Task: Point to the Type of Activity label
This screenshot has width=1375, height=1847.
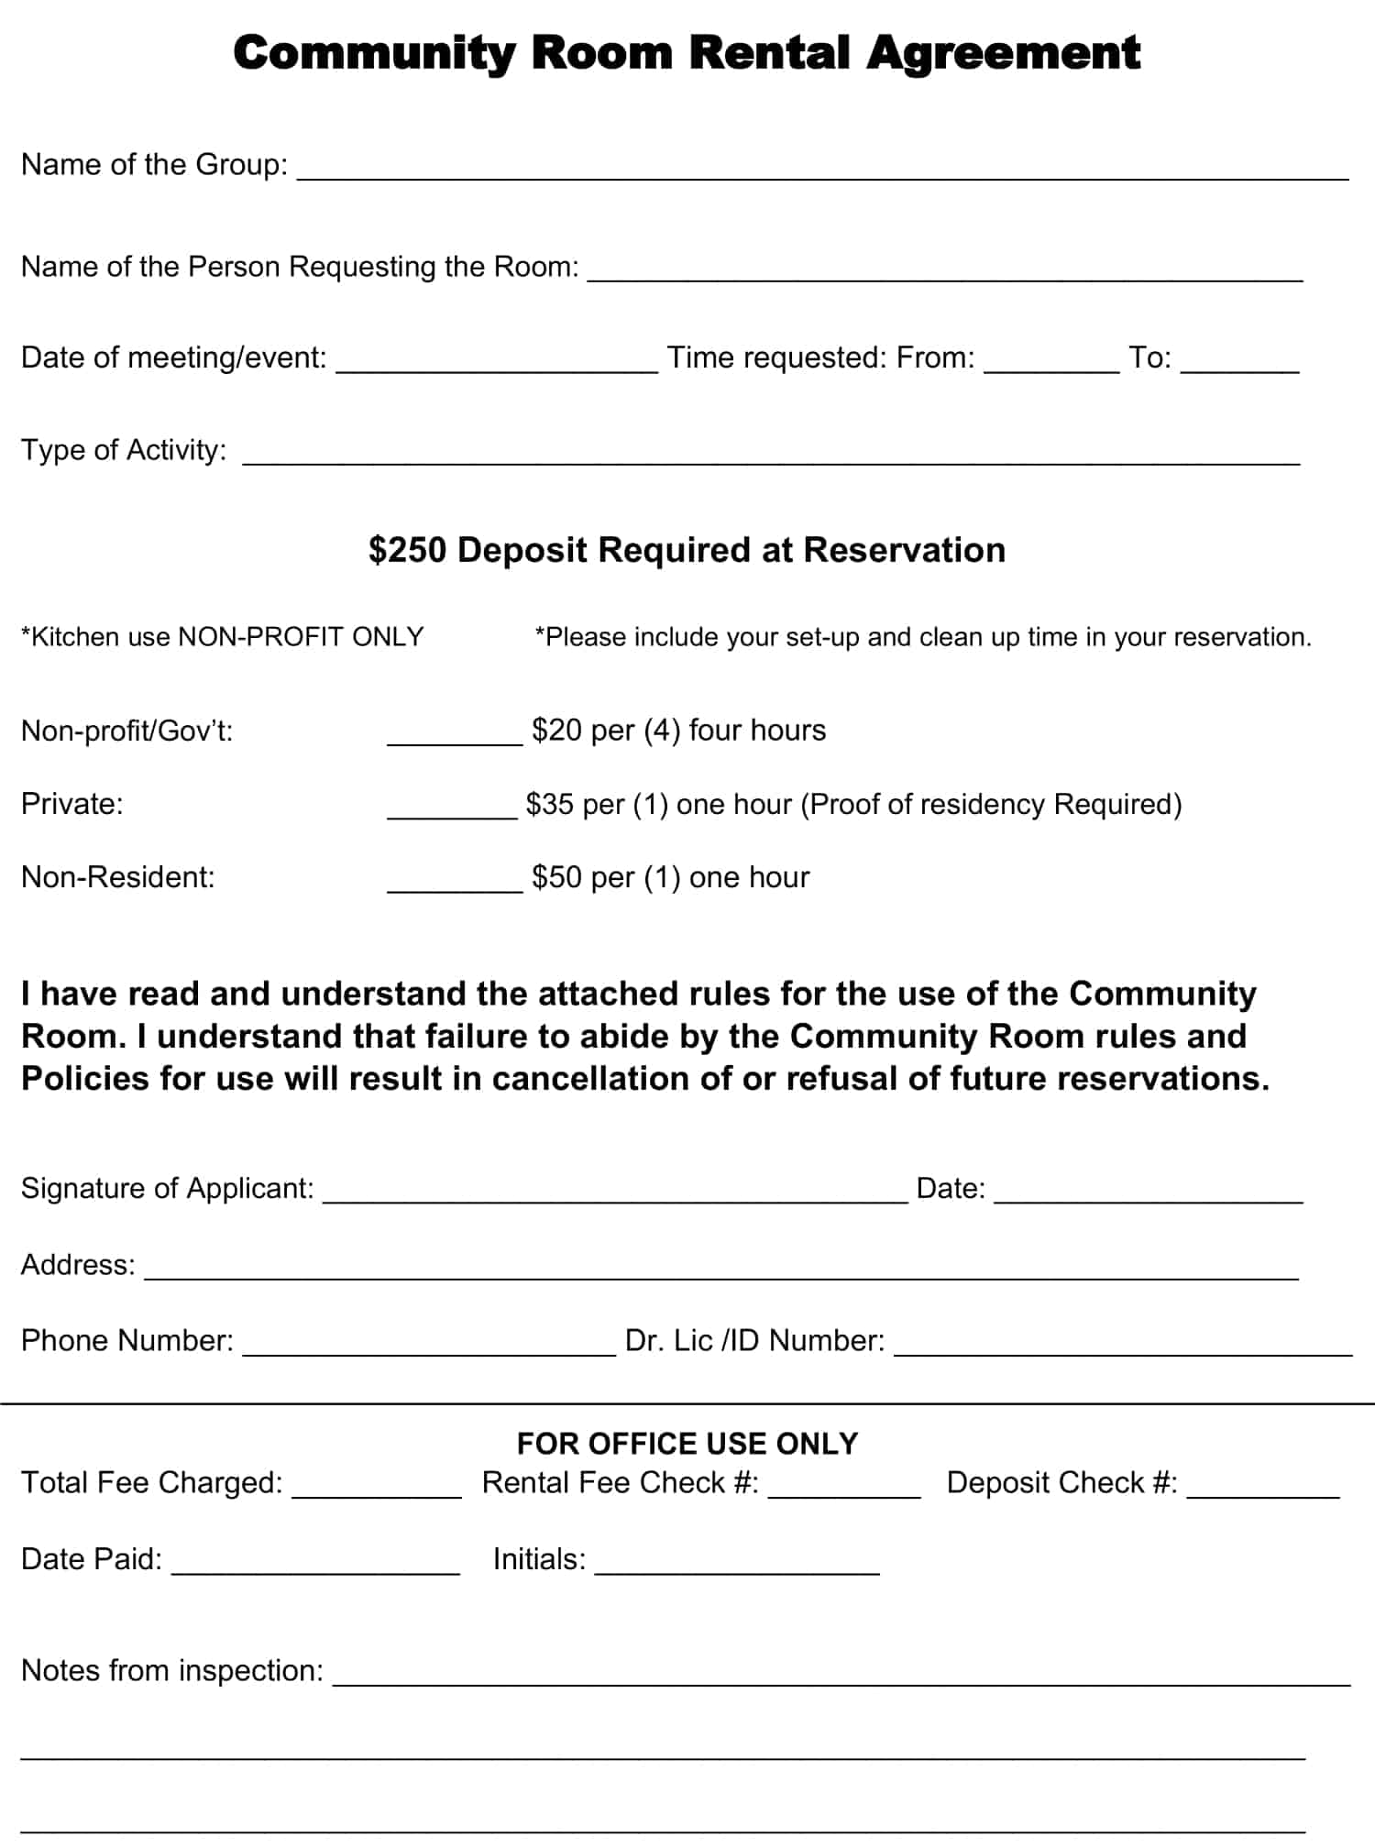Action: point(124,450)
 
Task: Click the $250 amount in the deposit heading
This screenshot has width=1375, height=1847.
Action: point(407,550)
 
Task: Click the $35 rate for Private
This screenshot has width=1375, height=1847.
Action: point(549,804)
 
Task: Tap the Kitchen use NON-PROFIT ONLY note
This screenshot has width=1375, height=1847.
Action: point(222,637)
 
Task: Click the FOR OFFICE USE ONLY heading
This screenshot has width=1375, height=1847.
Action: point(687,1444)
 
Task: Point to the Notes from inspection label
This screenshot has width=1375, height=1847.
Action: point(172,1671)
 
